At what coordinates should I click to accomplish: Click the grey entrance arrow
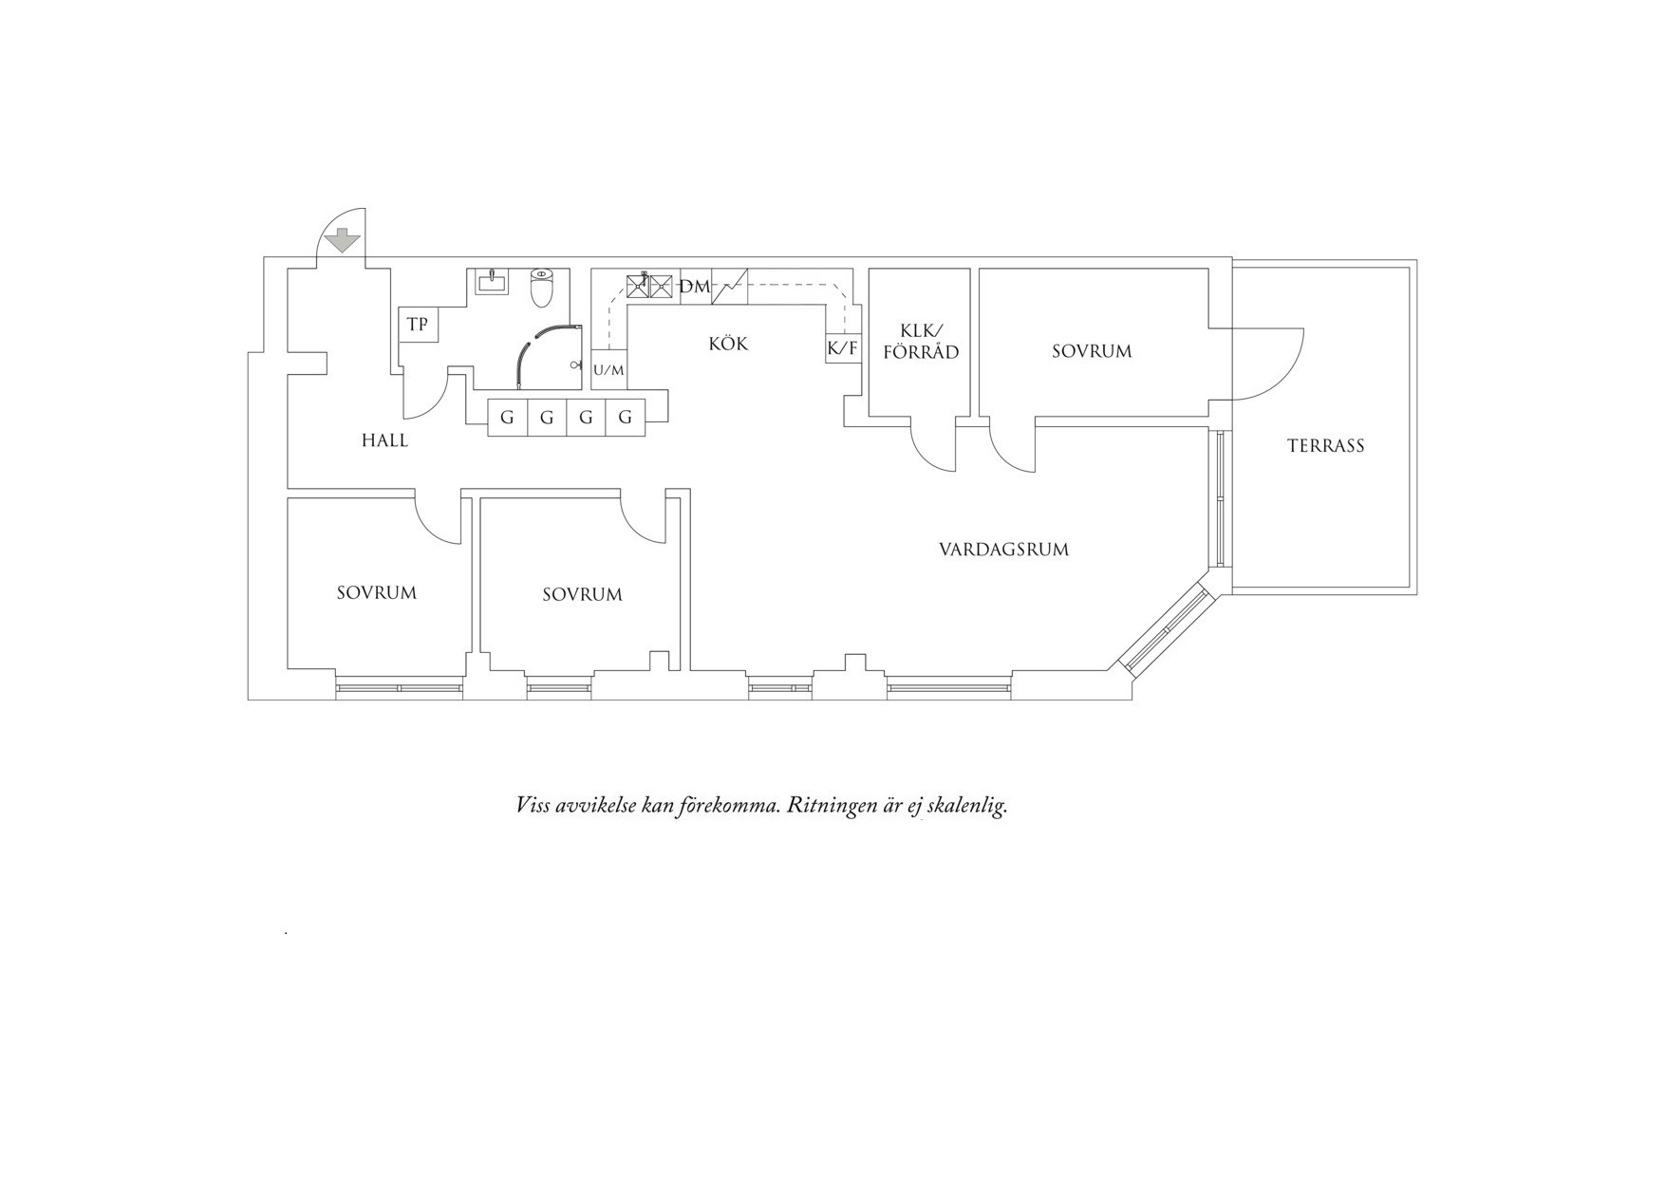(342, 241)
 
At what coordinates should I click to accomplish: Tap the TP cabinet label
(418, 325)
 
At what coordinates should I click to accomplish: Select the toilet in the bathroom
(541, 288)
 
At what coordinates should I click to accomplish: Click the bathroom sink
(492, 282)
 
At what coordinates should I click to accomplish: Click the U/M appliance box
(609, 370)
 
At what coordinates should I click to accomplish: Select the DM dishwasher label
(695, 286)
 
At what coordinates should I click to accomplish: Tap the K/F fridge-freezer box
(843, 348)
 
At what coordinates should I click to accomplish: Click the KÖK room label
(728, 344)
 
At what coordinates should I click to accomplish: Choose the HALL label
(384, 440)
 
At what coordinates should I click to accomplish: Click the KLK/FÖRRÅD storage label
(920, 342)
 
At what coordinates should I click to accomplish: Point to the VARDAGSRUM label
(1003, 550)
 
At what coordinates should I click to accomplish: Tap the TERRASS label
(1325, 445)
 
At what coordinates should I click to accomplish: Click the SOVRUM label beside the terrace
(1092, 351)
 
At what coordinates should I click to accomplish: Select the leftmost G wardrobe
(507, 418)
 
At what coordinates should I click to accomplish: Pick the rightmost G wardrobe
(626, 418)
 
